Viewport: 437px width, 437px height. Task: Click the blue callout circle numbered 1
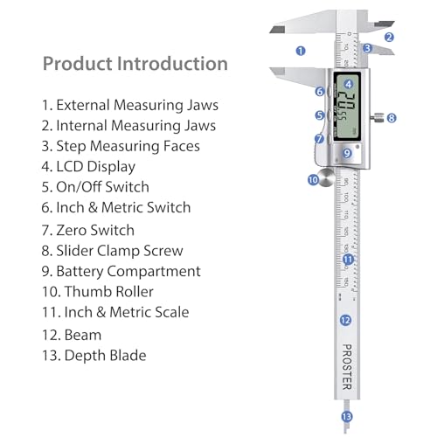(301, 51)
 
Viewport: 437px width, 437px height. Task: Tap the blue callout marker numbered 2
(390, 37)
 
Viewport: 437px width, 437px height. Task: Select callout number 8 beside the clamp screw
(392, 117)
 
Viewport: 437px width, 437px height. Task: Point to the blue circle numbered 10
(313, 180)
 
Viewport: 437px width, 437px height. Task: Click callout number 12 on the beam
(345, 321)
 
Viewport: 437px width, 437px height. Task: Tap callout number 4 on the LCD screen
(349, 84)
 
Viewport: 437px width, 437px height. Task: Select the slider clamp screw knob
(375, 117)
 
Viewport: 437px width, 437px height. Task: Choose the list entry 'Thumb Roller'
(108, 292)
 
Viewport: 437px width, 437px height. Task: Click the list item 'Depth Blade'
(105, 355)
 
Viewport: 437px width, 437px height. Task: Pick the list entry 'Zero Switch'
(95, 229)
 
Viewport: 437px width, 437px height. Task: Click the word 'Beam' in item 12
(83, 334)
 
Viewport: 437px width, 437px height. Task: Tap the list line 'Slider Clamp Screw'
(117, 250)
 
